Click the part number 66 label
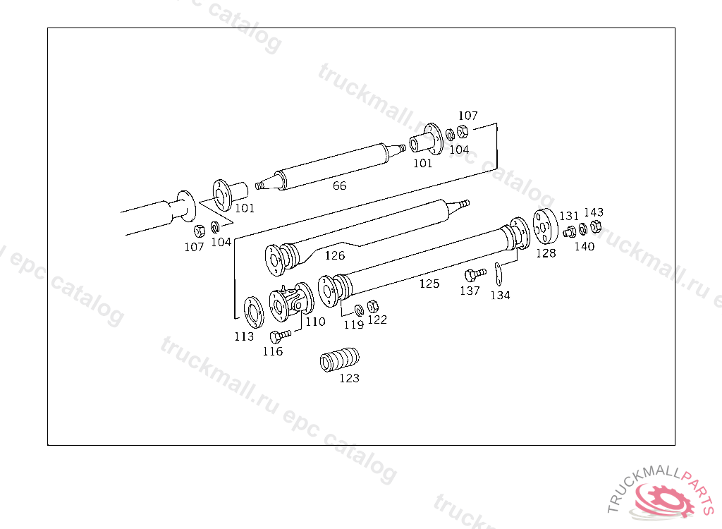pyautogui.click(x=339, y=186)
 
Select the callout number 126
pyautogui.click(x=335, y=255)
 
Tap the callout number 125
pyautogui.click(x=429, y=284)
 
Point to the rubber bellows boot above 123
pyautogui.click(x=340, y=359)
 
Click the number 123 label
pyautogui.click(x=349, y=378)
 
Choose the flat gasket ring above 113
pyautogui.click(x=254, y=312)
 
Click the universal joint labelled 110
pyautogui.click(x=291, y=302)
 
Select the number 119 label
pyautogui.click(x=354, y=325)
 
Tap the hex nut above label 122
pyautogui.click(x=373, y=306)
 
